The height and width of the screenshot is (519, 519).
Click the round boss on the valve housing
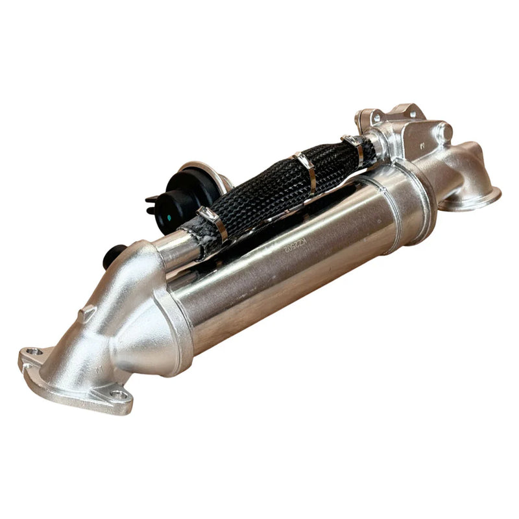(445, 134)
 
